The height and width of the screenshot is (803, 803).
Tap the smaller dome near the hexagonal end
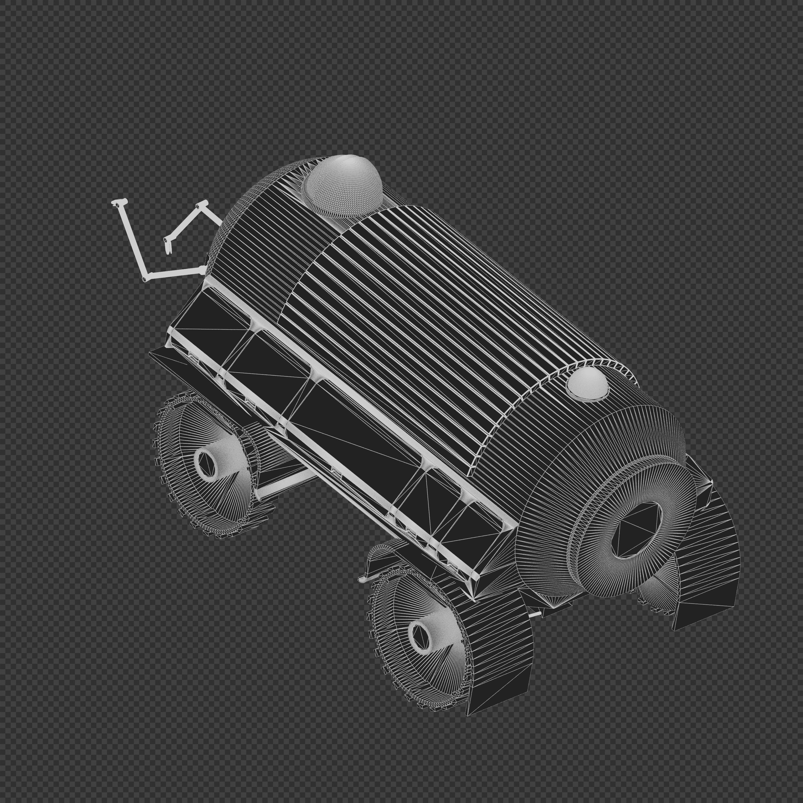(x=587, y=384)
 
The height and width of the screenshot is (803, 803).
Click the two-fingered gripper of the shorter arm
(x=168, y=245)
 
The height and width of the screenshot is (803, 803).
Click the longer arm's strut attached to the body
(x=175, y=272)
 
